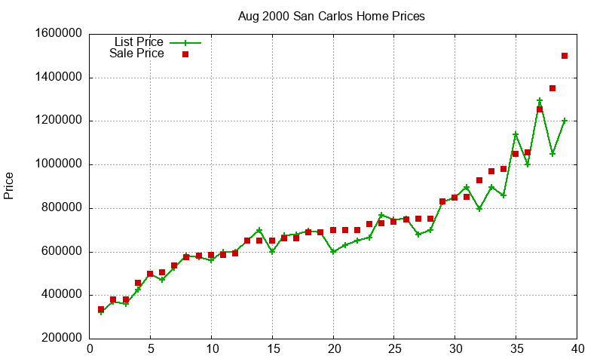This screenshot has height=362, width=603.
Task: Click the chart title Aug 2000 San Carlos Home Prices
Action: [x=331, y=16]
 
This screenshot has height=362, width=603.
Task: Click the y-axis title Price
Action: [x=9, y=186]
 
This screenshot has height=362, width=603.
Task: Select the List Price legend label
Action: [x=139, y=41]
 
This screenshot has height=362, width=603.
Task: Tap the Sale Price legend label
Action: [x=136, y=54]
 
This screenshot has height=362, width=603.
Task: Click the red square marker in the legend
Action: [x=185, y=54]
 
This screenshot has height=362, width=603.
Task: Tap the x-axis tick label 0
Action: [x=90, y=349]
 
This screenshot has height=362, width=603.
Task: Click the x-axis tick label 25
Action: [x=394, y=349]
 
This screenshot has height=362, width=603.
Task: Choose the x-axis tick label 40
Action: [x=577, y=349]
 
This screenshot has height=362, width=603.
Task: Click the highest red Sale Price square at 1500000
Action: [x=565, y=56]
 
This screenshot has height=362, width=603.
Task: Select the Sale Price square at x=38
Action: [x=552, y=88]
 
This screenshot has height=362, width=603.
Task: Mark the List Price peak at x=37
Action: [x=540, y=100]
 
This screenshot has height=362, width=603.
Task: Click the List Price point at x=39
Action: [x=565, y=121]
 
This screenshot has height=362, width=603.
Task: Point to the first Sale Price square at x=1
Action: [x=101, y=309]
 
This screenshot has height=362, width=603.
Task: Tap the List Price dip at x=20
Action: [x=333, y=252]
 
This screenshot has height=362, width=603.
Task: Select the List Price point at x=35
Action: [x=516, y=134]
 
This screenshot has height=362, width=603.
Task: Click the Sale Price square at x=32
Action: [x=479, y=180]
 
